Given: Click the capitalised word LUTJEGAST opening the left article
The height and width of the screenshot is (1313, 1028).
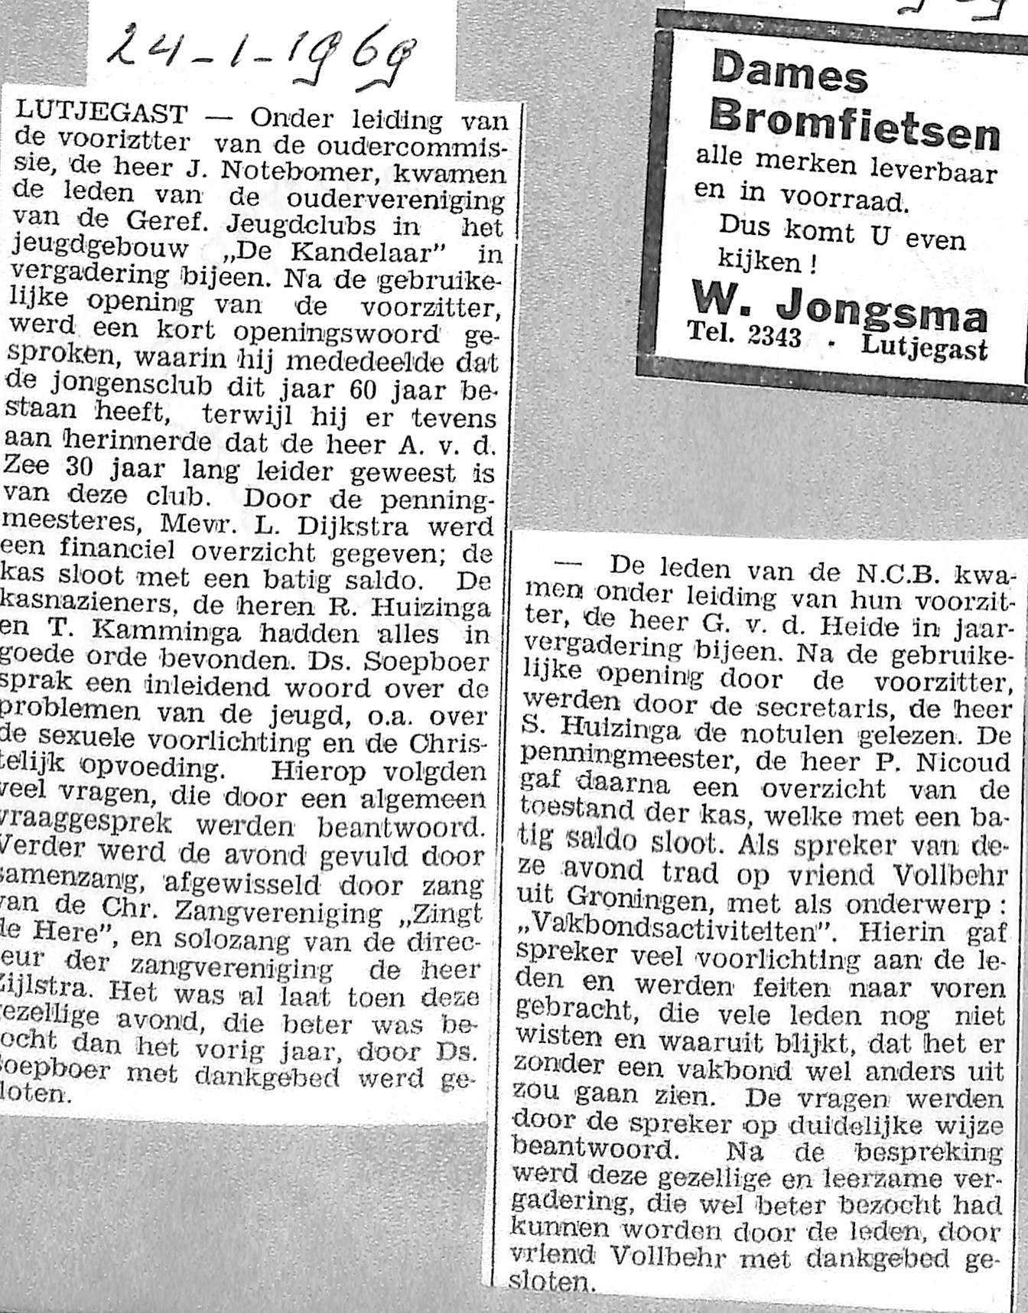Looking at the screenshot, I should pos(100,115).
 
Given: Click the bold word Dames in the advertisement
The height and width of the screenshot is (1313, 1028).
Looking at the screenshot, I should pos(790,73).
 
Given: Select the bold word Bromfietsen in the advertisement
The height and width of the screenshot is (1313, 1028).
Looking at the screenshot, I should pos(854,122).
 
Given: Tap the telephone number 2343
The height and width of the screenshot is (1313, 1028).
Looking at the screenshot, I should pos(768,335).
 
